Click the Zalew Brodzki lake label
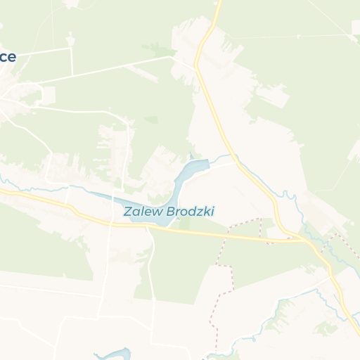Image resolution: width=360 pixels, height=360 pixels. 169,211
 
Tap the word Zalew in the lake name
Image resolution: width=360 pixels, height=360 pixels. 139,211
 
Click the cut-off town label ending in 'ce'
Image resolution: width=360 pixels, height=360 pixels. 7,58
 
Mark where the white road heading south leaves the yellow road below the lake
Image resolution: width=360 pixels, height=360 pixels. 148,229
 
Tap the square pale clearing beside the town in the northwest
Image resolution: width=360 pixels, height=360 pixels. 49,95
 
